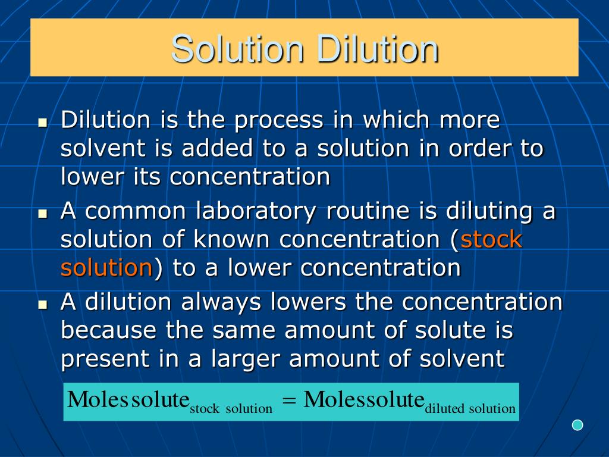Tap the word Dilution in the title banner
(x=377, y=49)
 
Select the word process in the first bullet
(x=278, y=120)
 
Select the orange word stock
(x=491, y=239)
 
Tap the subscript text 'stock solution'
(x=231, y=409)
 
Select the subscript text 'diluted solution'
(x=470, y=409)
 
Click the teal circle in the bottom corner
(x=577, y=425)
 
